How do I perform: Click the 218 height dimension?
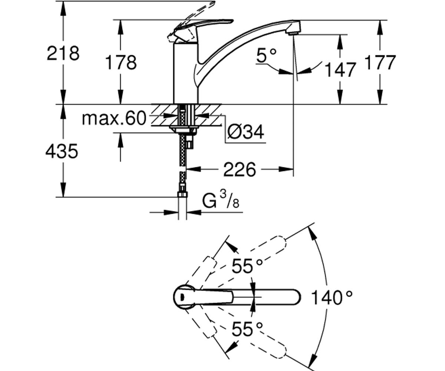pyautogui.click(x=63, y=53)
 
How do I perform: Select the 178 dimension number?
pyautogui.click(x=121, y=62)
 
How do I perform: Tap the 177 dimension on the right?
pyautogui.click(x=380, y=62)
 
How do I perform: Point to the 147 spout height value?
pyautogui.click(x=340, y=69)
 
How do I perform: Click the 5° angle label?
pyautogui.click(x=266, y=55)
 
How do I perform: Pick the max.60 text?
pyautogui.click(x=114, y=118)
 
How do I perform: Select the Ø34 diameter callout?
pyautogui.click(x=246, y=132)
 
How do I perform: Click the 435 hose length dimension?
pyautogui.click(x=62, y=151)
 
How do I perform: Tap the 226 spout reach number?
pyautogui.click(x=239, y=170)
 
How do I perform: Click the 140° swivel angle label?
pyautogui.click(x=332, y=298)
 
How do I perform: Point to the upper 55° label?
pyautogui.click(x=247, y=266)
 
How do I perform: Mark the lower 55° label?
pyautogui.click(x=247, y=329)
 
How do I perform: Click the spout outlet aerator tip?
pyautogui.click(x=293, y=33)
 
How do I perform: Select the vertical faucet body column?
pyautogui.click(x=186, y=73)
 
